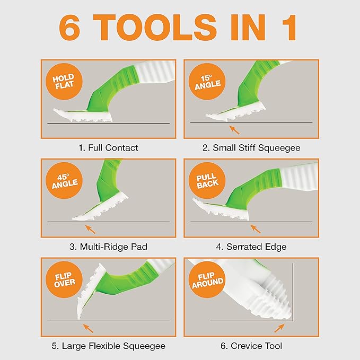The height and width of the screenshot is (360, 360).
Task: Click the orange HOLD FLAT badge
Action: tap(64, 82)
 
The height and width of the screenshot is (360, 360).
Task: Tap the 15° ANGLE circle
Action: tap(207, 82)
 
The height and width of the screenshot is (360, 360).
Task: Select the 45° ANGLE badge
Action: tap(64, 180)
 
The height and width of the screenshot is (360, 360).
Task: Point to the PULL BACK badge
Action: tap(207, 180)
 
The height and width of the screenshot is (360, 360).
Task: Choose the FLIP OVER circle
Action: tap(64, 279)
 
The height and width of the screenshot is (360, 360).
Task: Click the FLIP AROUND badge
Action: tap(207, 279)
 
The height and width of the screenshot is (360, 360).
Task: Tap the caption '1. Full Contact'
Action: tap(108, 148)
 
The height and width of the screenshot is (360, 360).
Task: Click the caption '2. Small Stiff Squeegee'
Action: tap(251, 148)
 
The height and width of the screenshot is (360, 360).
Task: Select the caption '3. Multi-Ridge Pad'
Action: tap(108, 247)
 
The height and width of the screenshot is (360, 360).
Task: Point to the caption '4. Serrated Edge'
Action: tap(251, 247)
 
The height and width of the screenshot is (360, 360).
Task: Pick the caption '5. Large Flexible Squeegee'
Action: tap(108, 346)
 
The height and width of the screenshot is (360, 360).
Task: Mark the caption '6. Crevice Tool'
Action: tap(251, 346)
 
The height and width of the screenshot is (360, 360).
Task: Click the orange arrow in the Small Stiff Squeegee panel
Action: tap(234, 130)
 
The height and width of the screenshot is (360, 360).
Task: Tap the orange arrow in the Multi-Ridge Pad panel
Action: tap(90, 229)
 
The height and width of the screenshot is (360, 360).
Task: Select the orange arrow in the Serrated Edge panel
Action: tap(256, 229)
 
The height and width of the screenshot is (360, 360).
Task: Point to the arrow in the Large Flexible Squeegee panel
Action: tap(88, 328)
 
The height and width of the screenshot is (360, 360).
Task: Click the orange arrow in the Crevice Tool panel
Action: tap(279, 328)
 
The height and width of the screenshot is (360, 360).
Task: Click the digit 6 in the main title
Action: tap(69, 28)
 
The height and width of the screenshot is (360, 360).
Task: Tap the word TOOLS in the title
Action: tap(155, 28)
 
